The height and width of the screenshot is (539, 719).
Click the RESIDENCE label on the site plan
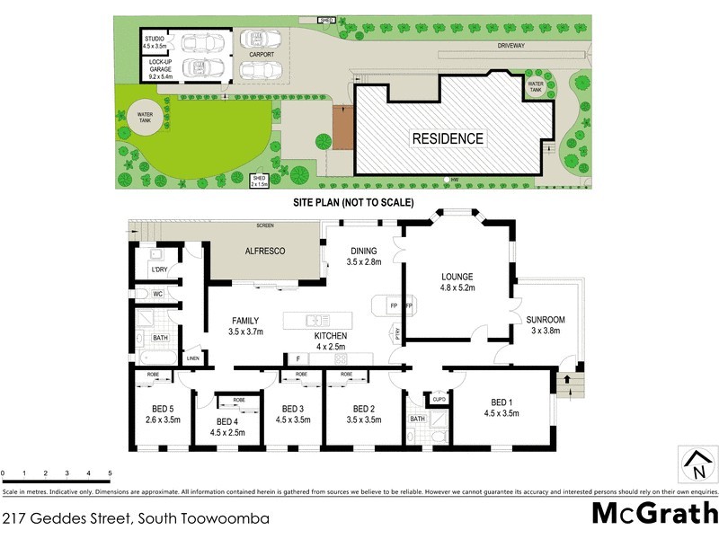(x=448, y=138)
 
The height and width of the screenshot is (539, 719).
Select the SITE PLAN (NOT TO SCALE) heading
(x=353, y=203)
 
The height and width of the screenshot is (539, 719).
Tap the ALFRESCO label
(x=265, y=252)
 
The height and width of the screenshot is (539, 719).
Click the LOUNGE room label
(x=458, y=282)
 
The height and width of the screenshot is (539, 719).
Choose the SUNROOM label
(x=546, y=324)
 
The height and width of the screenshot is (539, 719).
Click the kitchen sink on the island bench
(x=314, y=321)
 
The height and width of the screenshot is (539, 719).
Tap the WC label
(x=156, y=294)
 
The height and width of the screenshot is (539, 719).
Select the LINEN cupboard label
(x=192, y=358)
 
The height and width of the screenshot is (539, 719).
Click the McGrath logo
(x=654, y=514)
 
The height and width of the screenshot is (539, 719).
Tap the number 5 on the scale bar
(x=110, y=473)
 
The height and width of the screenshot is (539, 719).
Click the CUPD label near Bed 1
(x=439, y=399)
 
